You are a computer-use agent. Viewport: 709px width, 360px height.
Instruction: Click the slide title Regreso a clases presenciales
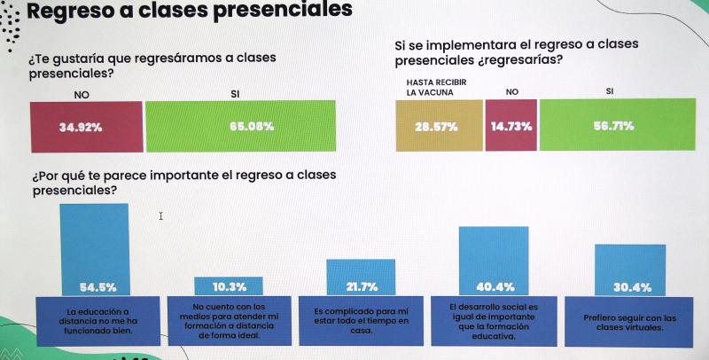tap(190, 11)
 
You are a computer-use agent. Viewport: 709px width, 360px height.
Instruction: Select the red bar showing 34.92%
tap(86, 126)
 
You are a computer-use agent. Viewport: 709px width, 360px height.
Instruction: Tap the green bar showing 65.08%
tap(241, 126)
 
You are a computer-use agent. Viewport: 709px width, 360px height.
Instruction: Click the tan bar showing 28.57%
tap(438, 126)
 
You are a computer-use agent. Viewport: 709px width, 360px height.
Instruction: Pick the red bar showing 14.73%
tap(510, 126)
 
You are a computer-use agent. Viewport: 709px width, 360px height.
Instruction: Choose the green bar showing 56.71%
tap(612, 126)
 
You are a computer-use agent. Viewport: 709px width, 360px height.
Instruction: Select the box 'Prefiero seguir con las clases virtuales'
tap(630, 322)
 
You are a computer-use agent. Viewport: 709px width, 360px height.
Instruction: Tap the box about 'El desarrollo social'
tap(494, 321)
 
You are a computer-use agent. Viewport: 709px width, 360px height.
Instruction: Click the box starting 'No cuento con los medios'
tap(230, 321)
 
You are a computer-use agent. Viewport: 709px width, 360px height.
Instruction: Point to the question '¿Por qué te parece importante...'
tap(183, 182)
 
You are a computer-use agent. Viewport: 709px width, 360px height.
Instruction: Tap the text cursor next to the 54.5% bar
tap(161, 215)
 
